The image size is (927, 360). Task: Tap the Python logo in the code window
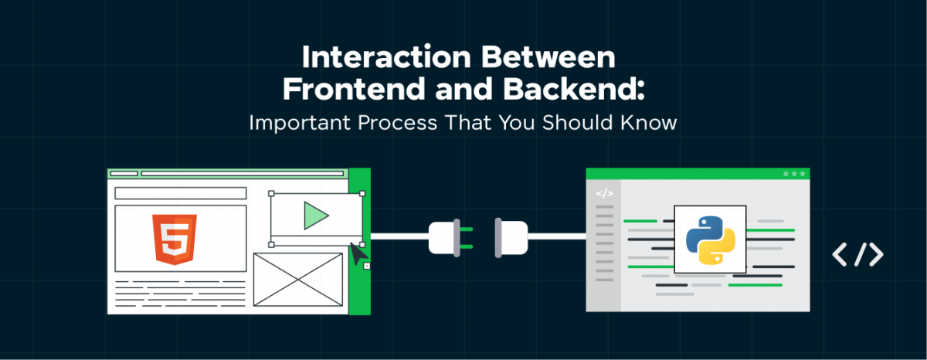coord(711,239)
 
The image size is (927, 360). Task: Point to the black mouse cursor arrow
coord(358,253)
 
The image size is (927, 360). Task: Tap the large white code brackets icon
coord(857,255)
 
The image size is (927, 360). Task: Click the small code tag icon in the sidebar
coord(605,194)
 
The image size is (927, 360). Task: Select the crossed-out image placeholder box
coord(297,279)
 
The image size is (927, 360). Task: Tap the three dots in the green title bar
coord(794,174)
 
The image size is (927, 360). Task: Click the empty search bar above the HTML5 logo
coord(180,193)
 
